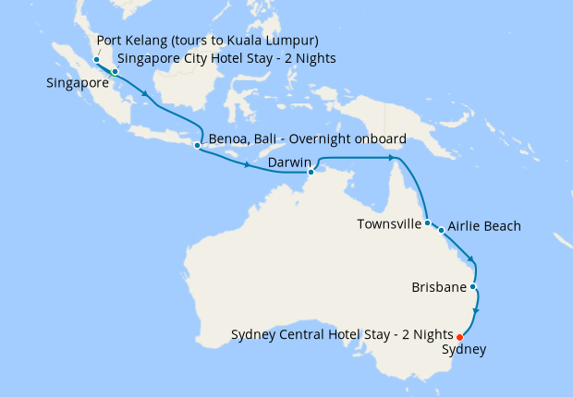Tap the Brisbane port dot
pos(473,287)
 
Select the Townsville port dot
pos(427,223)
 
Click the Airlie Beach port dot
pos(441,230)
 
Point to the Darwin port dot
pos(311,172)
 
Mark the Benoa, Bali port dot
pos(197,145)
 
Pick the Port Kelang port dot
pos(96,60)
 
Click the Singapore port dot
pos(115,72)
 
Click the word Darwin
pos(287,163)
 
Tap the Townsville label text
pos(389,224)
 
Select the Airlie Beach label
pos(484,226)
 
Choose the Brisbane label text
pos(438,288)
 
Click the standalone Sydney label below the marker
pos(463,350)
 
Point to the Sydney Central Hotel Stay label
pos(341,333)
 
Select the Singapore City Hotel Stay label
pos(226,59)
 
